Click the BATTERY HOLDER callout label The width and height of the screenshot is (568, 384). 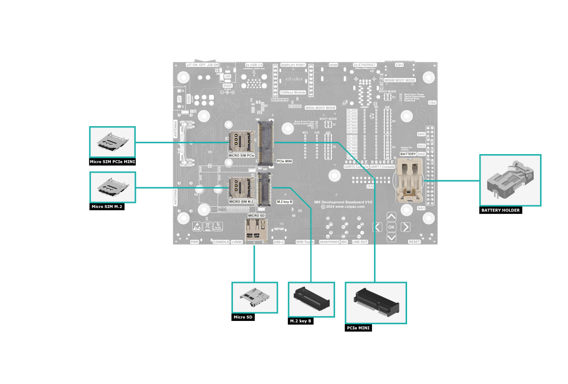[500, 210]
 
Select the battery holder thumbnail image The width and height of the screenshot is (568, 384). [510, 180]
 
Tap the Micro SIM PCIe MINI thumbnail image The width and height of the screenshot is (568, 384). [112, 142]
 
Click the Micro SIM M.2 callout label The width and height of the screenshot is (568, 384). [107, 207]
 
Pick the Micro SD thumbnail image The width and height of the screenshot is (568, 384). [255, 298]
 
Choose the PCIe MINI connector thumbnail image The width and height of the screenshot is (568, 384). [376, 303]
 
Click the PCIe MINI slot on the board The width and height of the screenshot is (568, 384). [266, 142]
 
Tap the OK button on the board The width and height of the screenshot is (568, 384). [391, 227]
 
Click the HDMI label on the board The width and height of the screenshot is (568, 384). [334, 64]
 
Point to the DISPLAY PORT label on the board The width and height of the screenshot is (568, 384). [293, 65]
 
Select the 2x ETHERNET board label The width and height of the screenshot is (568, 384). [365, 64]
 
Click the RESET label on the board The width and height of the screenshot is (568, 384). [414, 242]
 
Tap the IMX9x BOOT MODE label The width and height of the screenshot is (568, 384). [320, 108]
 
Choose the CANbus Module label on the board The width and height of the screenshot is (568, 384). [293, 92]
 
